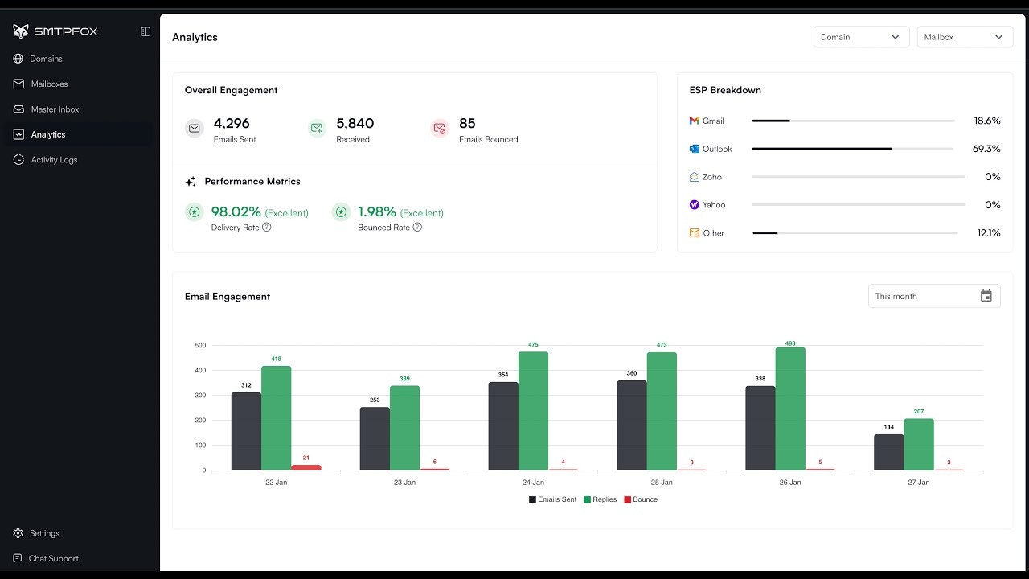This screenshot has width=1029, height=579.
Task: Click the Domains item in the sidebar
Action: (x=45, y=59)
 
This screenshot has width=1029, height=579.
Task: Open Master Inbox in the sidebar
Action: (x=54, y=109)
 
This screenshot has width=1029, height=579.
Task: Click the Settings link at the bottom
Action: (x=43, y=533)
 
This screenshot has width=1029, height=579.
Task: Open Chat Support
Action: (x=52, y=558)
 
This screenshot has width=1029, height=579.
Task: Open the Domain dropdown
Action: (x=860, y=37)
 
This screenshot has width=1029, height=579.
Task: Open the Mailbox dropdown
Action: (x=964, y=37)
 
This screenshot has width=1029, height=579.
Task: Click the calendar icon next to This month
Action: (x=986, y=296)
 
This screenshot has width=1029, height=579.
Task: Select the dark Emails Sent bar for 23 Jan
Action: (x=375, y=438)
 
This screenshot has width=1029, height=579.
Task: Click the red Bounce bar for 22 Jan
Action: (x=306, y=467)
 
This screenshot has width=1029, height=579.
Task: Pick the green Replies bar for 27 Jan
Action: (x=919, y=444)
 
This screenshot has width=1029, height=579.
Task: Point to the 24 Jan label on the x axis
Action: (x=533, y=482)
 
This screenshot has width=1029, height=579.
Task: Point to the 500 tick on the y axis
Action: (x=200, y=346)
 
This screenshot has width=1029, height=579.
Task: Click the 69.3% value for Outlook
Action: (x=986, y=149)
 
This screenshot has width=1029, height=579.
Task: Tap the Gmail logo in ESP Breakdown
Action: (x=695, y=121)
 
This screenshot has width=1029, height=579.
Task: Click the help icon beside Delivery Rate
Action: (x=267, y=228)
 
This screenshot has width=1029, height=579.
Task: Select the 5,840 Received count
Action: (x=355, y=124)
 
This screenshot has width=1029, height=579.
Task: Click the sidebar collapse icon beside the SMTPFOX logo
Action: (x=146, y=31)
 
